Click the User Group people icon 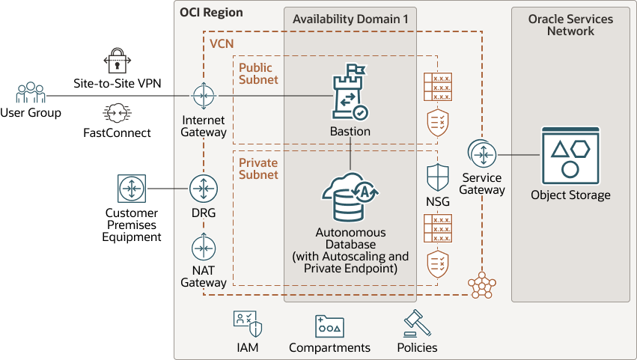coord(31,94)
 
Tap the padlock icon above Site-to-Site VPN coord(118,59)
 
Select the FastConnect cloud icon coord(117,114)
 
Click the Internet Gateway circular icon coord(204,96)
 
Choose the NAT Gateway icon coord(204,247)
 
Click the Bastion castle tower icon coord(350,94)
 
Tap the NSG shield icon coord(437,178)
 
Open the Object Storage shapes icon coord(570,156)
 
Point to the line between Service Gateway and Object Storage coord(518,155)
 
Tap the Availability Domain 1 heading coord(350,19)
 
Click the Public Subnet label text coord(258,73)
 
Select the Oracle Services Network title coord(570,25)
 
